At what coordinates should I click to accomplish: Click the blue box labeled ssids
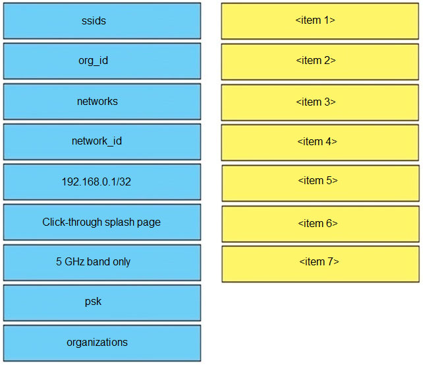coord(102,21)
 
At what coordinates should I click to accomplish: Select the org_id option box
coord(102,61)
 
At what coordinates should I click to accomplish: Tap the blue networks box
coord(102,102)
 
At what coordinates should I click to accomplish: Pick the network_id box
coord(102,142)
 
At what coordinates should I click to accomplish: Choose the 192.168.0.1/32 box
coord(102,182)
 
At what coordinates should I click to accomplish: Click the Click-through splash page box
coord(102,222)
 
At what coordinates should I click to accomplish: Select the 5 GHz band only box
coord(102,263)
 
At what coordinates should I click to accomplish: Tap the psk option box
coord(102,303)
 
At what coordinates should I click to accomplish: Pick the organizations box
coord(102,343)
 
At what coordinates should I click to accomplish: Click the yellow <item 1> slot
coord(320,21)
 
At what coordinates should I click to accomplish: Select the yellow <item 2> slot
coord(320,62)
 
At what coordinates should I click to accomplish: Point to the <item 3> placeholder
coord(320,102)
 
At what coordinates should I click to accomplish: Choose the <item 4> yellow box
coord(320,143)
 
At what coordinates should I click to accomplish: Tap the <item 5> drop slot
coord(320,183)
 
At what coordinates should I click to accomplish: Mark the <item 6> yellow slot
coord(320,224)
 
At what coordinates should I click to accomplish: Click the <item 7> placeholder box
coord(320,264)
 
